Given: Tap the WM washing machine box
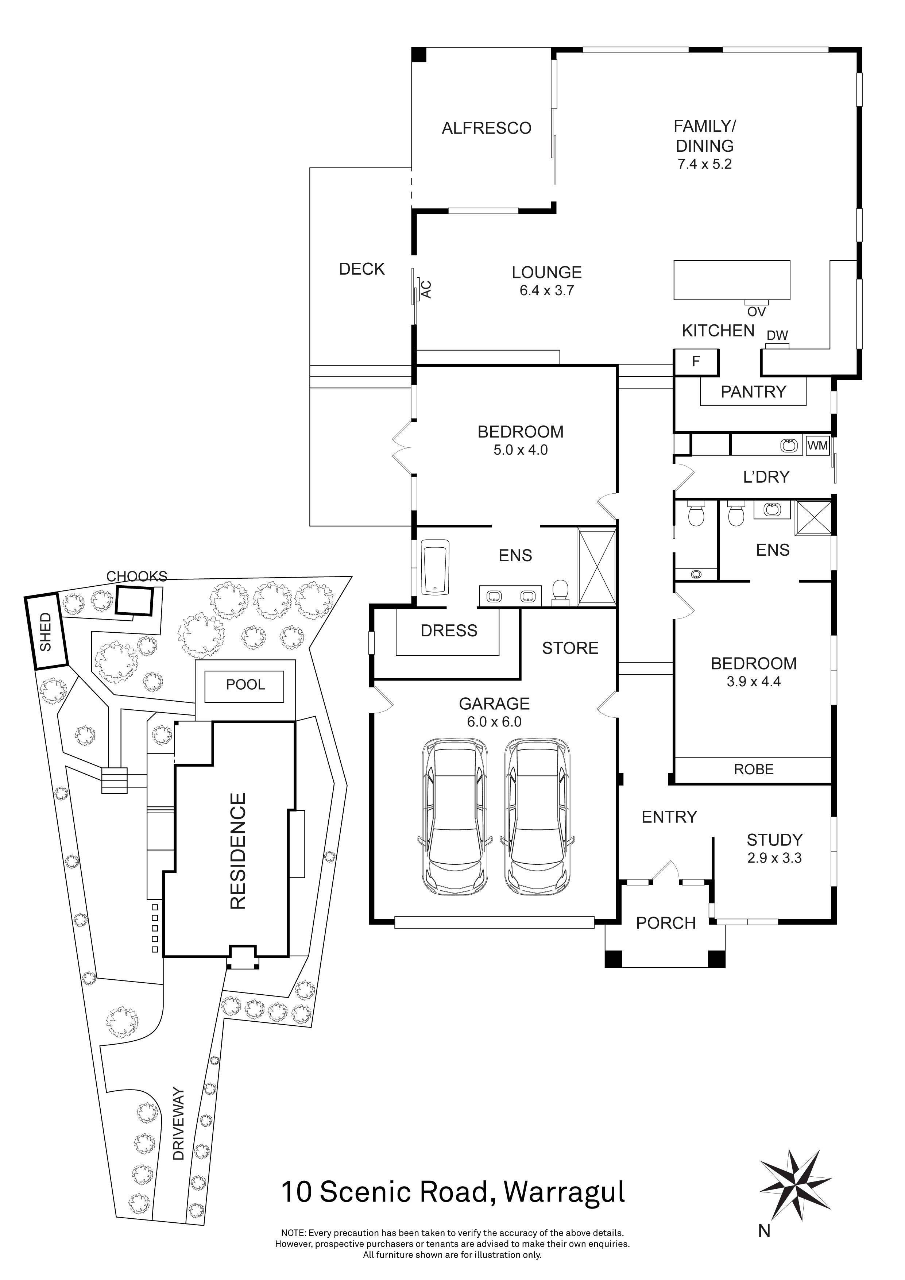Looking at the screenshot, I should coord(817,446).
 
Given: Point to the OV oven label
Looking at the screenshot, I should coord(756,312).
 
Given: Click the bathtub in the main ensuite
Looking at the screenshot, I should coord(435,566).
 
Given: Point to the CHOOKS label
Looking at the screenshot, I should coord(136,577).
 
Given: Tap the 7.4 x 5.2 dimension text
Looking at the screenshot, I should coord(704,165).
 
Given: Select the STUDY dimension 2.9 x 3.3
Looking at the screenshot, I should coord(774,858).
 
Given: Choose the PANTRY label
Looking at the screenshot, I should coord(753,392).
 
